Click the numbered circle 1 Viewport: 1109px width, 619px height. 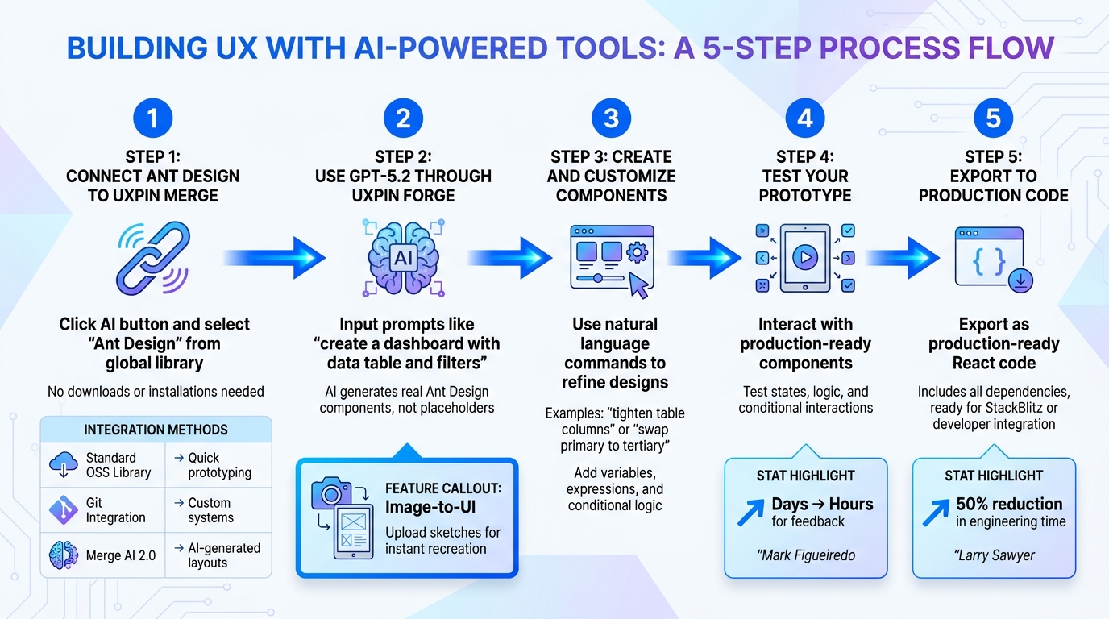[152, 118]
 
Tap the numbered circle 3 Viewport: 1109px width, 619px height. [611, 118]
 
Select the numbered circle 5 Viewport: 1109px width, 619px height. [993, 118]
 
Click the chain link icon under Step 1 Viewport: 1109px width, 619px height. [153, 257]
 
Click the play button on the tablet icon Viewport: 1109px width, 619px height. [804, 257]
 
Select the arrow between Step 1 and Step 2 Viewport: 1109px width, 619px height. [277, 257]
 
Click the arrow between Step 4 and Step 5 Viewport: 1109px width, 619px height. [903, 257]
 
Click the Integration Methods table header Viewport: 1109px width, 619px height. [156, 430]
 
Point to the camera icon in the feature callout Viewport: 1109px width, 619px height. [331, 492]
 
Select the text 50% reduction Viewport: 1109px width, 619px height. [1009, 504]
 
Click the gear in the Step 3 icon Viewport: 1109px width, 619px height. [637, 252]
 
